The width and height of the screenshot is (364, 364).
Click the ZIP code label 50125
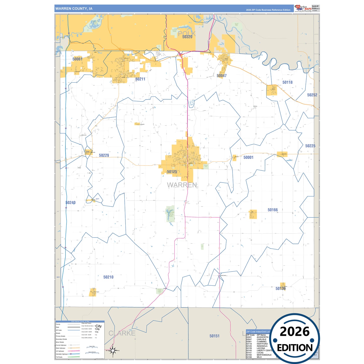coord(172,172)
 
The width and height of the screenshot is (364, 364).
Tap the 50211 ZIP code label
coord(140,79)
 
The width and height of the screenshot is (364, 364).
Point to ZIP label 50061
coord(77,59)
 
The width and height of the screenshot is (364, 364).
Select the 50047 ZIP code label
coord(222,76)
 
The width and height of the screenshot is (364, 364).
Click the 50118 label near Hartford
coord(287,82)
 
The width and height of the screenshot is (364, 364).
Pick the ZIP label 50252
coord(312,95)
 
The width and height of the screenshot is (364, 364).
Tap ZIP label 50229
coord(104,155)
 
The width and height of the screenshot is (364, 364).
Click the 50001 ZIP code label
coord(248,157)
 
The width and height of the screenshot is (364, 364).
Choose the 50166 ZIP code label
coord(273,210)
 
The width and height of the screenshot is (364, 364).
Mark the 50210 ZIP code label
coord(108,277)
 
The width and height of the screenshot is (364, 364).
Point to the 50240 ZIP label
coord(71,203)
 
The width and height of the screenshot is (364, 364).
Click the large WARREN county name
coord(182,185)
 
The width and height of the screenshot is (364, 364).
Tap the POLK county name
coord(186,33)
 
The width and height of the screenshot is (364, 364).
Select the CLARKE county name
coord(122,333)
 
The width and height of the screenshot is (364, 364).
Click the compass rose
coord(113,350)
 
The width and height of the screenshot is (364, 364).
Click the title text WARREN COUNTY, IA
coord(74,9)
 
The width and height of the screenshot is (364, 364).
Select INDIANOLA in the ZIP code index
coord(262,346)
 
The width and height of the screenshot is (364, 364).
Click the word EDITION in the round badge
coord(295,348)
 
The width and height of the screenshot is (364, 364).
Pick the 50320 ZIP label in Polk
coord(187,37)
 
